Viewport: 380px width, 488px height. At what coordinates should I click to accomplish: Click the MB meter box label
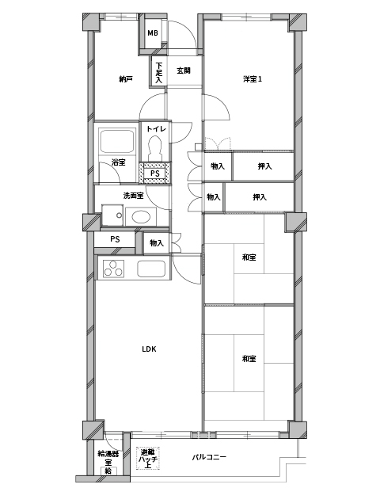point(153,33)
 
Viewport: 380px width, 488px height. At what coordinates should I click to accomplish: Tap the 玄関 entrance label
point(184,71)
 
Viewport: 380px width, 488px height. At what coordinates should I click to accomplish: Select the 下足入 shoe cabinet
point(159,72)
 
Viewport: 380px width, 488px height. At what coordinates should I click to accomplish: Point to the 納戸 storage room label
point(126,79)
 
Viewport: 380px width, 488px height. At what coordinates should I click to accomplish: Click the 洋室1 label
point(253,79)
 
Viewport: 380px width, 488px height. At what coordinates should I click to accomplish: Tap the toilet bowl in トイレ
point(154,148)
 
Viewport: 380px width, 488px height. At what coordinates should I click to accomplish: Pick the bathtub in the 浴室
point(117,141)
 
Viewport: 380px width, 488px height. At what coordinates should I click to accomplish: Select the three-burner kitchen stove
point(113,269)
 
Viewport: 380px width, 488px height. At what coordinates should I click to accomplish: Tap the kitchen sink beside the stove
point(151,269)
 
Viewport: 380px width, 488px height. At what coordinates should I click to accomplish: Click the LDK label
point(149,349)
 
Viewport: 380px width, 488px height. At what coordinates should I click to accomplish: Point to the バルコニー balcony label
point(209,457)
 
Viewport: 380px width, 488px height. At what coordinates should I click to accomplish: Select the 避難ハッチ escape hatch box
point(148,458)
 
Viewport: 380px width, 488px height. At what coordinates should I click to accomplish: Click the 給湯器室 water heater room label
point(108,458)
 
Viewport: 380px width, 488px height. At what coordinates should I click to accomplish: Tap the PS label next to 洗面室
point(115,239)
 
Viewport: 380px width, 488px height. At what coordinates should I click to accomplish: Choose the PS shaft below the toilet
point(155,173)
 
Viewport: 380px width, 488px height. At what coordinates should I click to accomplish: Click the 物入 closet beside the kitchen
point(157,242)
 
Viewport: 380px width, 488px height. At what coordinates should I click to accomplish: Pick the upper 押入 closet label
point(264,166)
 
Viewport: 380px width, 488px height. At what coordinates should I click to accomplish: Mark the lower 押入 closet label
point(260,197)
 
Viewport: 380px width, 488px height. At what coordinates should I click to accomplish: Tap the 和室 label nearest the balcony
point(249,359)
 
